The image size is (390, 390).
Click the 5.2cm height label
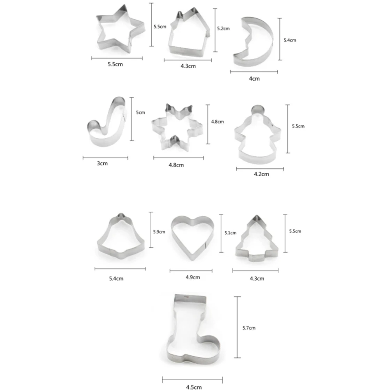[x=223, y=28]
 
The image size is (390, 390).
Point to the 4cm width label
[x=254, y=78]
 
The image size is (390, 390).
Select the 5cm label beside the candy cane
[x=140, y=112]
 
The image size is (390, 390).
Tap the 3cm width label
[x=102, y=163]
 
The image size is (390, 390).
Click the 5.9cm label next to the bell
[x=159, y=232]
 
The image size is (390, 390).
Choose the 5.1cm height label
[x=230, y=233]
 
